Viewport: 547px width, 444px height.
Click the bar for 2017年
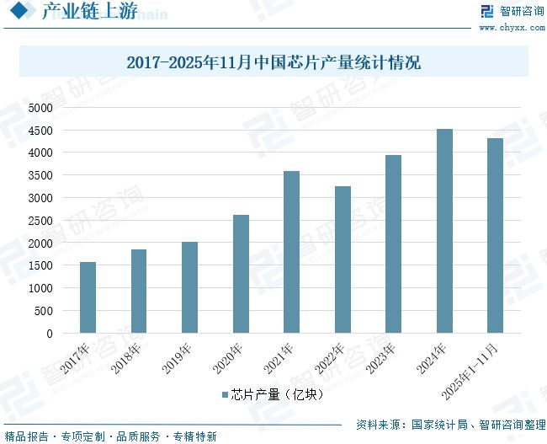[88, 297]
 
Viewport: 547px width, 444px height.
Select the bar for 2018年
[139, 291]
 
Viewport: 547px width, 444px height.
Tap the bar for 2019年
[189, 287]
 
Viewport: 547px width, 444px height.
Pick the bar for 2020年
[241, 274]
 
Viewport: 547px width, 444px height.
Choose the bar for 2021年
[291, 252]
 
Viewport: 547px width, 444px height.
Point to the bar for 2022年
[343, 259]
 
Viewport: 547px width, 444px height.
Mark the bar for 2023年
[393, 243]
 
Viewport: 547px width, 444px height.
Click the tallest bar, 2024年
[444, 231]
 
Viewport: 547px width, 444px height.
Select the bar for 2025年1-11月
[495, 236]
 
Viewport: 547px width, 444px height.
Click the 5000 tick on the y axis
[40, 108]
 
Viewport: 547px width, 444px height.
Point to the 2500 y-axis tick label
[40, 221]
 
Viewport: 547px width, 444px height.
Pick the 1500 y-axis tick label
[40, 266]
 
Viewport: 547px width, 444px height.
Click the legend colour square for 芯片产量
[225, 394]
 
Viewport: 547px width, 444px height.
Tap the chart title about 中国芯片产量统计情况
[273, 62]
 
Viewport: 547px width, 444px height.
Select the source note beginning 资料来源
[450, 425]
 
